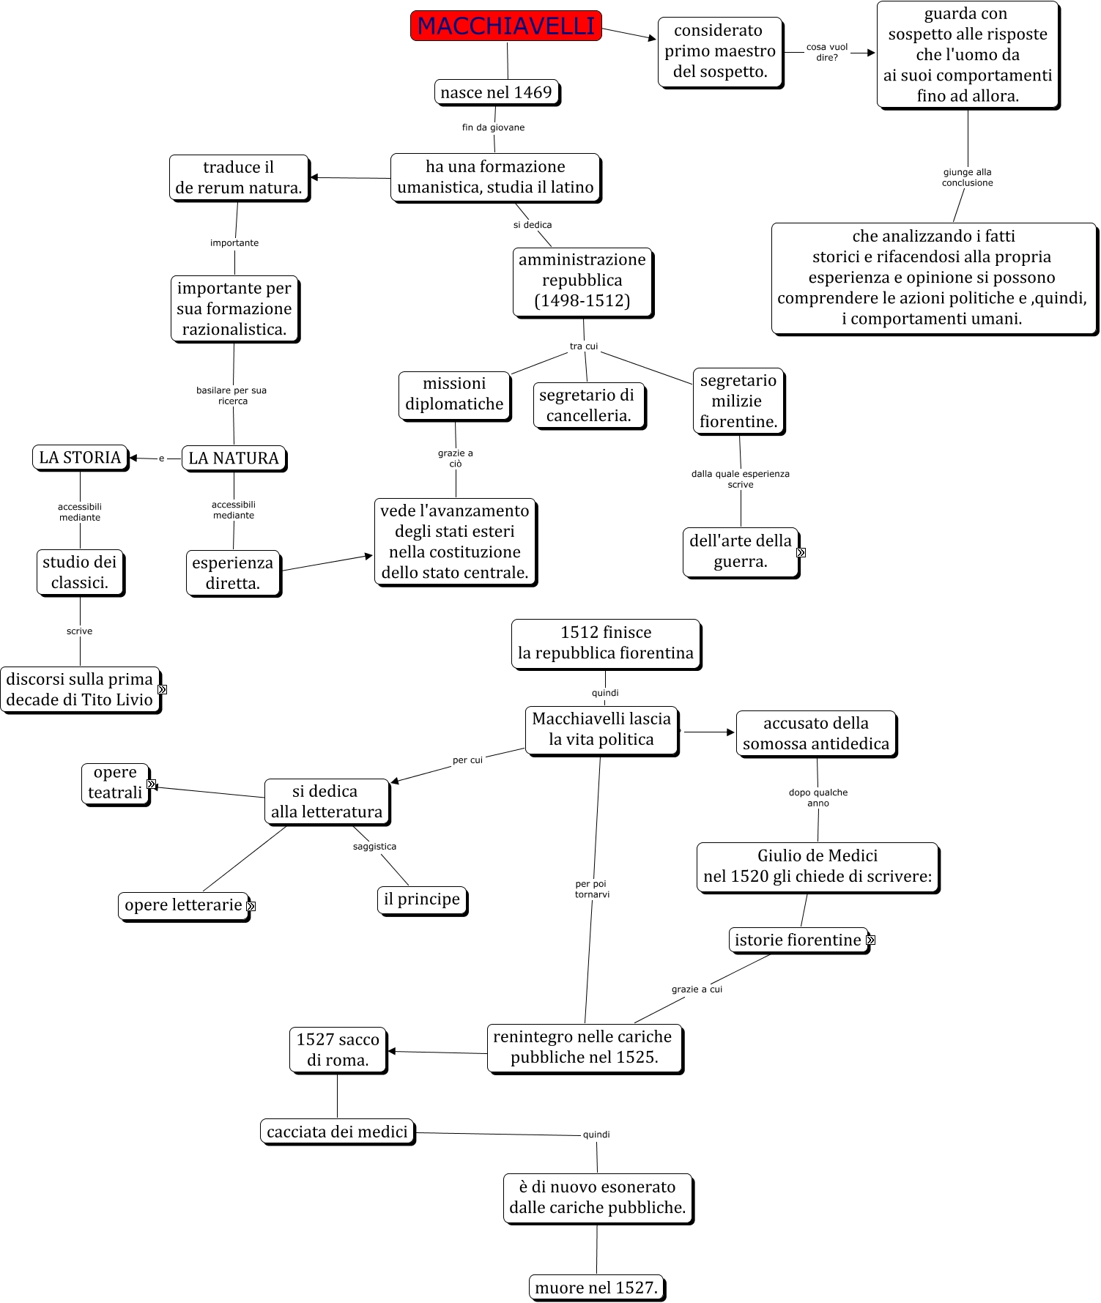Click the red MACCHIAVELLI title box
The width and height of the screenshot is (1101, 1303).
pyautogui.click(x=506, y=26)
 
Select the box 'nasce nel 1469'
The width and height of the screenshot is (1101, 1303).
pyautogui.click(x=496, y=92)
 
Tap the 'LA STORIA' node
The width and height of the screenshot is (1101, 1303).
pyautogui.click(x=80, y=457)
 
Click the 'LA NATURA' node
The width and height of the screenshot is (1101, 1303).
pyautogui.click(x=234, y=458)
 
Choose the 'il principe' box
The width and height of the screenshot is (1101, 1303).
pyautogui.click(x=422, y=899)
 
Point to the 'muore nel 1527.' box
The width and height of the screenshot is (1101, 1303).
pyautogui.click(x=596, y=1287)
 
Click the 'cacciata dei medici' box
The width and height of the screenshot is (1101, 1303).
pyautogui.click(x=337, y=1132)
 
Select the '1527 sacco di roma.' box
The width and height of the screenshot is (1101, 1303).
pyautogui.click(x=338, y=1050)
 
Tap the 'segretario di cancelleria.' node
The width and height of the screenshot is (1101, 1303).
pyautogui.click(x=588, y=405)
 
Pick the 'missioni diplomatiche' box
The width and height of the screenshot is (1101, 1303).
pyautogui.click(x=454, y=394)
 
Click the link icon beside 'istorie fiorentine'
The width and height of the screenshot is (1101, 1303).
pyautogui.click(x=870, y=940)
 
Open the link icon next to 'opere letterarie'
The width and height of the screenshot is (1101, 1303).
pyautogui.click(x=251, y=906)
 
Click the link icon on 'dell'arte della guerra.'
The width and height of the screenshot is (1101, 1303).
pyautogui.click(x=801, y=552)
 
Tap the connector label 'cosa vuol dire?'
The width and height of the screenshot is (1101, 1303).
pyautogui.click(x=827, y=52)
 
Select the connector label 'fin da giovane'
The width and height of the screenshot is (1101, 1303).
pyautogui.click(x=493, y=127)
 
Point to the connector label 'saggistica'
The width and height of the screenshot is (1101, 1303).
pyautogui.click(x=374, y=847)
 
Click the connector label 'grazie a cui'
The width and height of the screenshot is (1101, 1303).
pyautogui.click(x=697, y=990)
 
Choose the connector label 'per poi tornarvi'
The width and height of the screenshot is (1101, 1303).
pyautogui.click(x=592, y=889)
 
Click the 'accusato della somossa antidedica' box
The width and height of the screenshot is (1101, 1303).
pyautogui.click(x=816, y=733)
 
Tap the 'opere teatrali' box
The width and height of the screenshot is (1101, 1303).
pyautogui.click(x=115, y=783)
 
